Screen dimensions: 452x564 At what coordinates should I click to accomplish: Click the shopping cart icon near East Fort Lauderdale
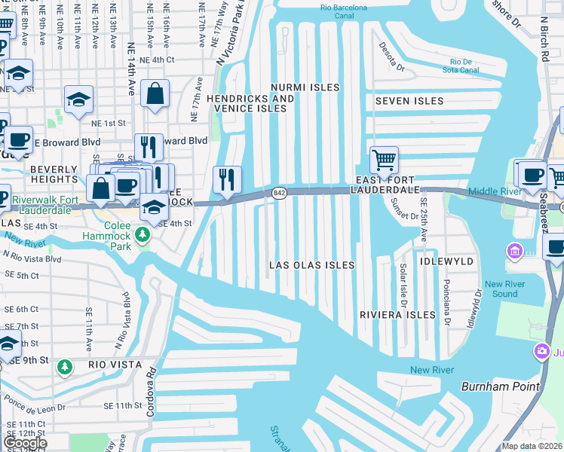(385, 159)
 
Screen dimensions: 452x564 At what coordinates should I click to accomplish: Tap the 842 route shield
(279, 193)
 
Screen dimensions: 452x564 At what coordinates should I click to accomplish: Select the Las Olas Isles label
(312, 265)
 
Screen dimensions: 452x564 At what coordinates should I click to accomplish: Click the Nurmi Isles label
(306, 87)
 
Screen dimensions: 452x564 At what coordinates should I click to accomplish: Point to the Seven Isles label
(403, 101)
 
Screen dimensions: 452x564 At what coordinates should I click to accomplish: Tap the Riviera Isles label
(397, 314)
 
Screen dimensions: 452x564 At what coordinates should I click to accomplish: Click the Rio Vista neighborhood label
(115, 365)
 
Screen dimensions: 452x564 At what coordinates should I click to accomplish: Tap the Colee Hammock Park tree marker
(143, 237)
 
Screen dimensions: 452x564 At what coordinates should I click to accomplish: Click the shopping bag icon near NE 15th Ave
(155, 94)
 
